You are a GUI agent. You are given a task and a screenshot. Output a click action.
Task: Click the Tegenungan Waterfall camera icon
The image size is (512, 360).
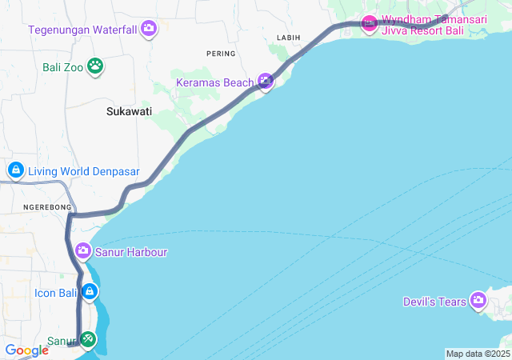149,30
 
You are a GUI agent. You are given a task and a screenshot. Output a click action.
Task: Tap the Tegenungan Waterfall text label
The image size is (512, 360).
83,30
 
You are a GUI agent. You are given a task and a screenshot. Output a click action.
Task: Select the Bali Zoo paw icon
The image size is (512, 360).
96,66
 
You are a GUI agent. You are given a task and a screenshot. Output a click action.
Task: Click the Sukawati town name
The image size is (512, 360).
129,112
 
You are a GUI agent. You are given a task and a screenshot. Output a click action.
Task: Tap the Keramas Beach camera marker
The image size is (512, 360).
266,81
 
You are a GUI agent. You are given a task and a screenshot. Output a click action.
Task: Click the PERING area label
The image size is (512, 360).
221,54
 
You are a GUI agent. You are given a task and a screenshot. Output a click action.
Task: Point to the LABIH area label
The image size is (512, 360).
288,38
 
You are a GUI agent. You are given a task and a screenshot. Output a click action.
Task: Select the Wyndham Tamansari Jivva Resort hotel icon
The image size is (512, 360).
369,22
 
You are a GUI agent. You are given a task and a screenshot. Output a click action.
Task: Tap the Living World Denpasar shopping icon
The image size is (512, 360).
15,170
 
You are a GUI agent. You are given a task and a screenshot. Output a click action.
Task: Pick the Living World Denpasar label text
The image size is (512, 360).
84,171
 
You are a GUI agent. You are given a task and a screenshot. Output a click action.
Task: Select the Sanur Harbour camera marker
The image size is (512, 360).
83,252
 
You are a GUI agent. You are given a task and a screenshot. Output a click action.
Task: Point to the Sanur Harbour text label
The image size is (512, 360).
132,252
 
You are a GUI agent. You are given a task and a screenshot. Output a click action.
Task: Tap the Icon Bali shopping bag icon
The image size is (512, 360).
91,292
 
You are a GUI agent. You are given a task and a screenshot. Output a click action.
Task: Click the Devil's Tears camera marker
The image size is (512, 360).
478,301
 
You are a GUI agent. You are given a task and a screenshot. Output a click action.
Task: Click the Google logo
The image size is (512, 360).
26,350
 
